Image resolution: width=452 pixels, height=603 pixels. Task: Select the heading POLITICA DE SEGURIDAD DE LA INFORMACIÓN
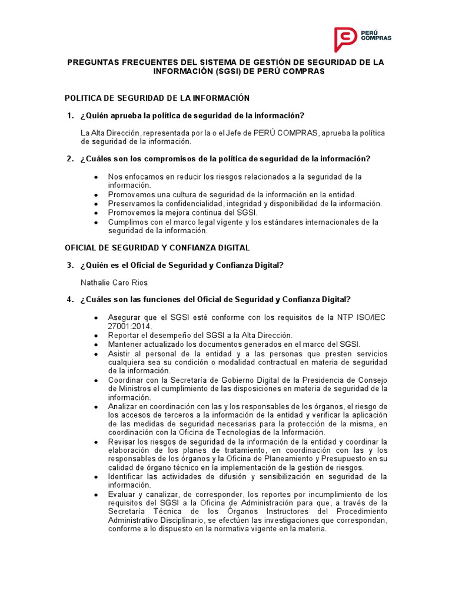pyautogui.click(x=157, y=98)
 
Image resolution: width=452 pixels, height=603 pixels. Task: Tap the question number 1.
pyautogui.click(x=69, y=115)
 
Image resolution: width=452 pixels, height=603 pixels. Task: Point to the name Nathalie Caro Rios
pyautogui.click(x=114, y=283)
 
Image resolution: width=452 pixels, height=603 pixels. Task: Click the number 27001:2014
pyautogui.click(x=129, y=326)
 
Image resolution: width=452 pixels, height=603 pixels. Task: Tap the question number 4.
pyautogui.click(x=69, y=299)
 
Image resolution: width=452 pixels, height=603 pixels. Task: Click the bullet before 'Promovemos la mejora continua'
pyautogui.click(x=96, y=212)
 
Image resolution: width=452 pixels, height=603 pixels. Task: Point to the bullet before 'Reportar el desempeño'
pyautogui.click(x=96, y=335)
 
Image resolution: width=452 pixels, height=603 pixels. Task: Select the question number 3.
pyautogui.click(x=69, y=266)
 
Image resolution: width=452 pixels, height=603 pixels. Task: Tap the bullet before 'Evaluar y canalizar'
pyautogui.click(x=96, y=494)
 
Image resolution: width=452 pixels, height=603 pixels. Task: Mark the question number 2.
pyautogui.click(x=69, y=158)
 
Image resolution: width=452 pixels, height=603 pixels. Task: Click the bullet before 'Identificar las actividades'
pyautogui.click(x=96, y=476)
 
